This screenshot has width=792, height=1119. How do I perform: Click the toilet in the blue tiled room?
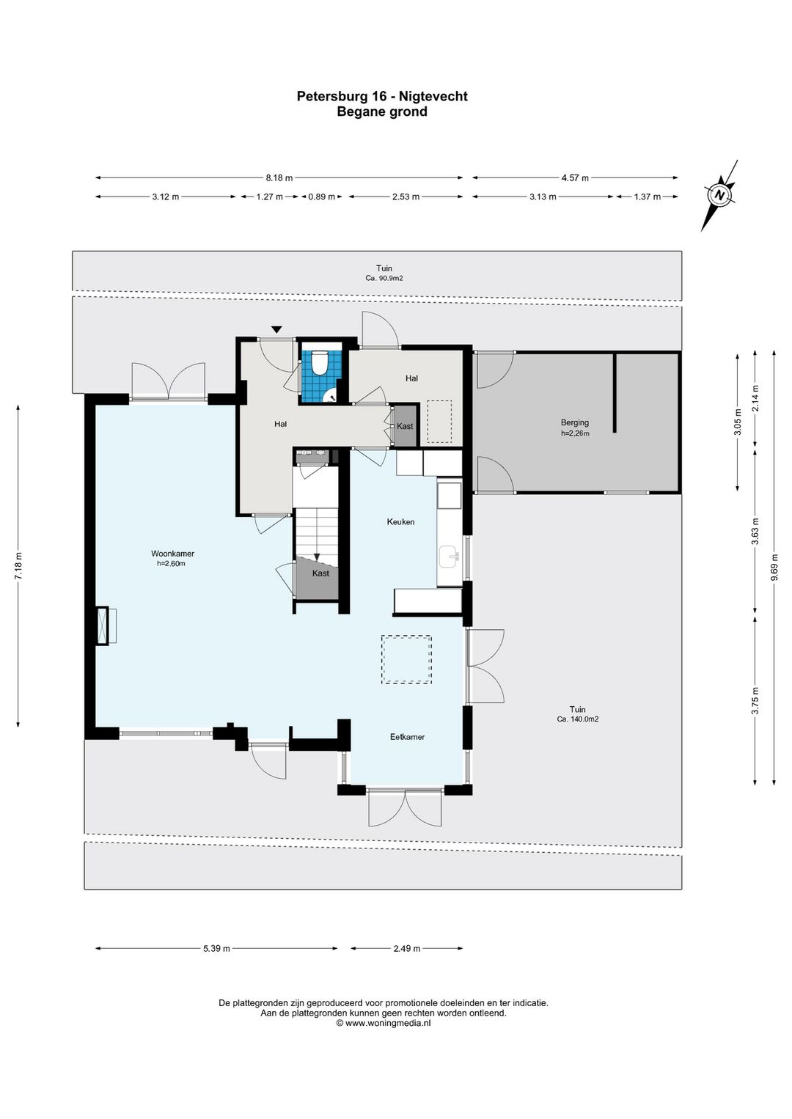tap(318, 362)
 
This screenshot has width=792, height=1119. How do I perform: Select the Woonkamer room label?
tap(172, 554)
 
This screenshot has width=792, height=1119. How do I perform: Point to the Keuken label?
tap(400, 522)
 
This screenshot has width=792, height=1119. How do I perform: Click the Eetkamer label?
tap(407, 737)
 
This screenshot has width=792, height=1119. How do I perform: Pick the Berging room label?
tap(575, 422)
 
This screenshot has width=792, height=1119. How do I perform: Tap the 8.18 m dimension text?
tap(279, 177)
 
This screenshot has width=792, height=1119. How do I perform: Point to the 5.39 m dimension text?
tap(216, 948)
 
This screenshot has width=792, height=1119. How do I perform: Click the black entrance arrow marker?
tap(276, 329)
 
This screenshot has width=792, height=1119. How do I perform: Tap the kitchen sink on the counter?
tap(448, 557)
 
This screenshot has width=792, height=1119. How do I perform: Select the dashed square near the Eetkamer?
tap(407, 659)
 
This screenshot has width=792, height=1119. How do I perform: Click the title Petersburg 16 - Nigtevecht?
tap(382, 96)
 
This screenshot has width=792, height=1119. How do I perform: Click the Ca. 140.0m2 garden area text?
tap(578, 719)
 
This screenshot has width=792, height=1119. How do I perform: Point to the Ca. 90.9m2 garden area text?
tap(384, 278)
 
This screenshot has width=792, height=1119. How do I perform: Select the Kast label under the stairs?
tap(320, 573)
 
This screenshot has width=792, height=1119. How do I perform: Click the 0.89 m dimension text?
tap(321, 197)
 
